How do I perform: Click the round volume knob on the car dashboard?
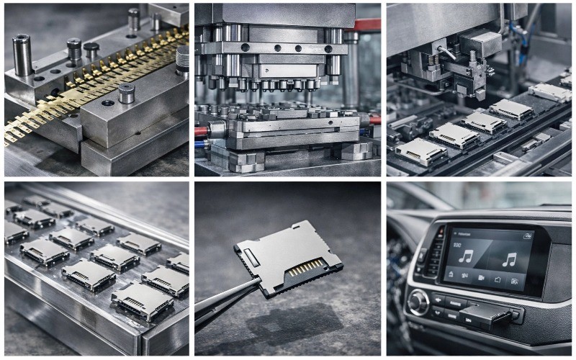(x=418, y=302)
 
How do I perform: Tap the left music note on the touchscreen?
(x=466, y=256)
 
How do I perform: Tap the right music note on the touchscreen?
(x=510, y=259)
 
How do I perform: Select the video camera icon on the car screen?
(x=480, y=276)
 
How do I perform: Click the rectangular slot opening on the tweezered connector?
(x=249, y=254)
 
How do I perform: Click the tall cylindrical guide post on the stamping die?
(x=22, y=54)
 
